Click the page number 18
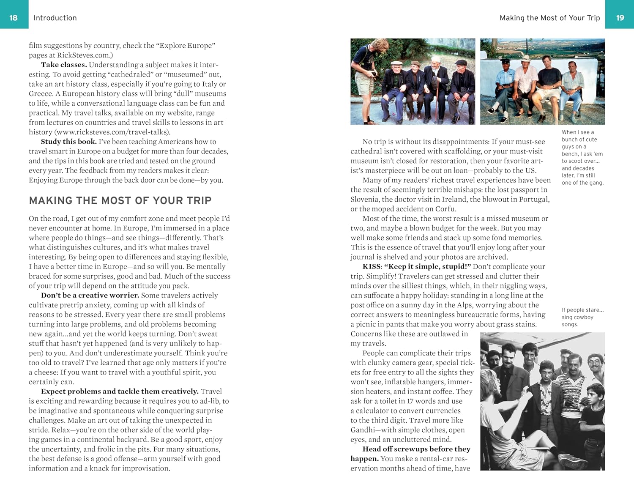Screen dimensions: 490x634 pos(14,18)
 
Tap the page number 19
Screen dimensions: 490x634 pos(620,18)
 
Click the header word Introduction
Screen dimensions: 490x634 pos(55,18)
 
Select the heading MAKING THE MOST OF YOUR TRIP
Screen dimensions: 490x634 pos(120,200)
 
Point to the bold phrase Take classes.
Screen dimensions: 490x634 pos(64,65)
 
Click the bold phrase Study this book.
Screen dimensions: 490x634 pos(68,142)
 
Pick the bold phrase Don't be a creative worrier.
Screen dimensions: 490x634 pos(90,295)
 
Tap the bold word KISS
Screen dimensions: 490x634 pos(372,266)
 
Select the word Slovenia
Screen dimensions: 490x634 pos(364,199)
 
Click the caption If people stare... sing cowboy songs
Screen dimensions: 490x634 pos(582,317)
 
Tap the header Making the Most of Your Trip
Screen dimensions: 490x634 pos(549,18)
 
